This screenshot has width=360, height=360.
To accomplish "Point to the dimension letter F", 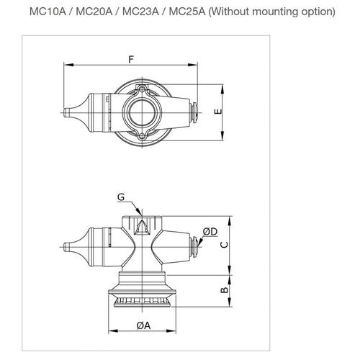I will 130,57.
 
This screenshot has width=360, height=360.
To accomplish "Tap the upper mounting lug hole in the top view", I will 142,89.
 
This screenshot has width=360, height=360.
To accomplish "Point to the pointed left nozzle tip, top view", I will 68,113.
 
